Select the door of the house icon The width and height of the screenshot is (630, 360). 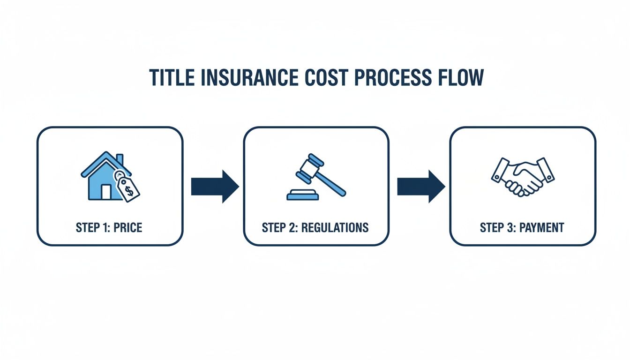pos(106,192)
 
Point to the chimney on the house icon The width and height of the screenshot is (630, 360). pos(120,160)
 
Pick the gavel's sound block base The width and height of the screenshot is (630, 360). pos(302,195)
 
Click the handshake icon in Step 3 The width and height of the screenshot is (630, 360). pos(523,177)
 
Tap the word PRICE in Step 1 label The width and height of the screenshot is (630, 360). pos(127,228)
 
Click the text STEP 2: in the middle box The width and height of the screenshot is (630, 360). pos(279,228)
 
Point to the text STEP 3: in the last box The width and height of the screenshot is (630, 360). pos(497,228)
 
